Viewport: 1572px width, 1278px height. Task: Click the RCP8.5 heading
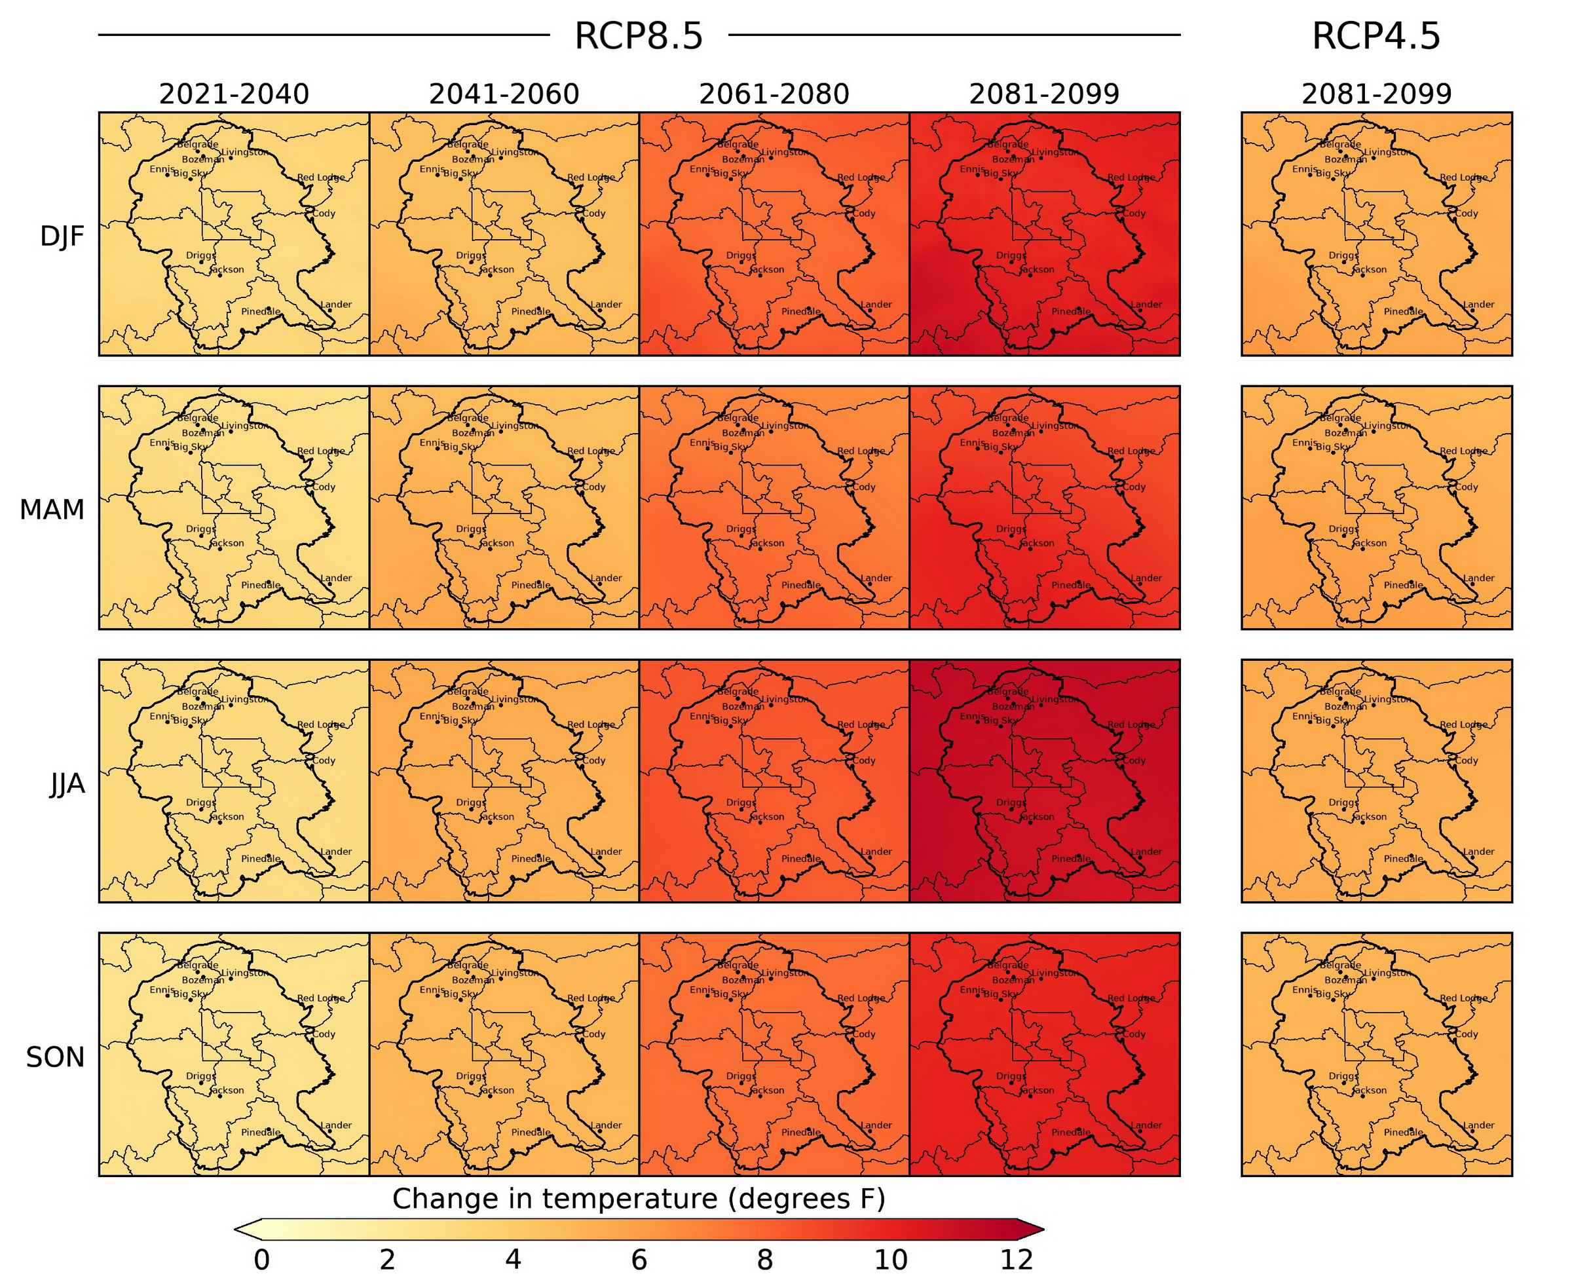point(638,36)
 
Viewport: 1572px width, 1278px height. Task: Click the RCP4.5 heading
point(1375,36)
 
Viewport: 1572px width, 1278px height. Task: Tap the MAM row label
point(52,510)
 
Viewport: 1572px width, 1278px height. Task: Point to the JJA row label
point(67,784)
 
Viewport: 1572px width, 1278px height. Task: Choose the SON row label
point(55,1057)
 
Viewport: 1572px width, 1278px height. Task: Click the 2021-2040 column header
point(234,94)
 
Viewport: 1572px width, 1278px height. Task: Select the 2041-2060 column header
point(504,94)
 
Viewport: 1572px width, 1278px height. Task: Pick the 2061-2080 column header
point(774,94)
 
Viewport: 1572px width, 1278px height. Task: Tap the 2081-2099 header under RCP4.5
point(1376,94)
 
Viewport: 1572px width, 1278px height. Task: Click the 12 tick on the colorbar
point(1017,1260)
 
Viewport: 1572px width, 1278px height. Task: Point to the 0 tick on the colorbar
point(261,1260)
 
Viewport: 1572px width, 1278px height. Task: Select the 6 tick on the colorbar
point(639,1260)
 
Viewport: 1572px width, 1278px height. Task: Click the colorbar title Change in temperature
point(638,1199)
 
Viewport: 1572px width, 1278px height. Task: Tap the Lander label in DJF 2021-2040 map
point(335,304)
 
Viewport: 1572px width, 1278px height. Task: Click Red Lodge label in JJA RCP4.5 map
point(1463,724)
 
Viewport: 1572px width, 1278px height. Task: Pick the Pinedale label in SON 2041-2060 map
point(531,1132)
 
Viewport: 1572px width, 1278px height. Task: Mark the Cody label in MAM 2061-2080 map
point(864,487)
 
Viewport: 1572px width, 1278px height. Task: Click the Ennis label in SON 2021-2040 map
point(162,989)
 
